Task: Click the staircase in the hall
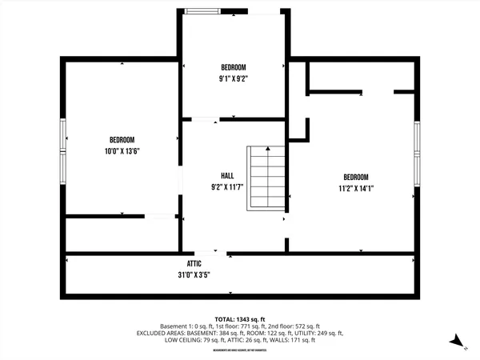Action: pos(266,177)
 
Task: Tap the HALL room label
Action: pos(227,176)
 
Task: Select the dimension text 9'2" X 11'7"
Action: pos(227,187)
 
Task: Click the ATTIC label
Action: pos(194,262)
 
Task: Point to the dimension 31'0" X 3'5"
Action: pos(194,274)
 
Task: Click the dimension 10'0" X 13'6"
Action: pos(122,150)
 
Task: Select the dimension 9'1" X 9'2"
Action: pos(233,79)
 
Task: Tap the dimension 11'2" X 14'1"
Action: pos(356,189)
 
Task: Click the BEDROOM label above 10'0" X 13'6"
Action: pos(122,139)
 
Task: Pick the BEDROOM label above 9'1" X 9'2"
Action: pos(233,67)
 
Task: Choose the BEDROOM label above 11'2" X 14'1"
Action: pos(356,178)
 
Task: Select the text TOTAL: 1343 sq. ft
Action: pos(239,318)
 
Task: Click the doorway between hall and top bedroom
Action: pos(205,120)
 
